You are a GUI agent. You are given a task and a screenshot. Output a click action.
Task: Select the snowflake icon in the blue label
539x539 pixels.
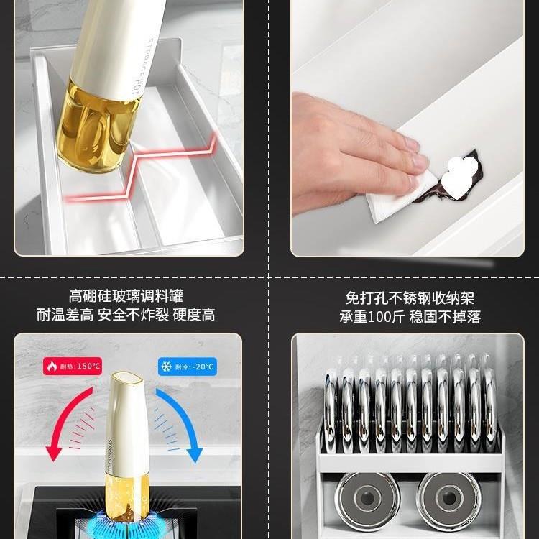pos(165,366)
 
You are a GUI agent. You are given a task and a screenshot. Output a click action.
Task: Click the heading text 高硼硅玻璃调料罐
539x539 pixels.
pos(126,296)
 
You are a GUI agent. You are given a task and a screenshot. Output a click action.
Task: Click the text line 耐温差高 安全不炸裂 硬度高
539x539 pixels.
pos(126,315)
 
